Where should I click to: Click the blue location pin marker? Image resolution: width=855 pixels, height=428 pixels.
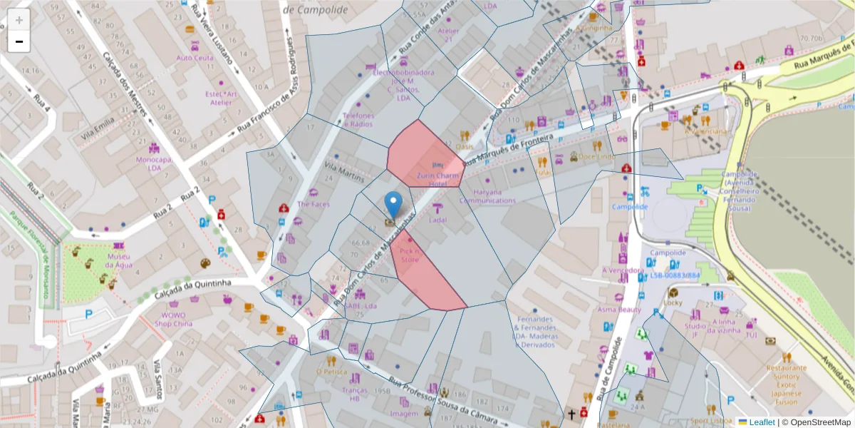[393, 205]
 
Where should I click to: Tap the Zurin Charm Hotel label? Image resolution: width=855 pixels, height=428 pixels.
[437, 179]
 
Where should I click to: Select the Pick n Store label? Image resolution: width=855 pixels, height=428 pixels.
[410, 256]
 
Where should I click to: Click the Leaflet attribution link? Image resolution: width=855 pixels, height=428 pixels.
[762, 422]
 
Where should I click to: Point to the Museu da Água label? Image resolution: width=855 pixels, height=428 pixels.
[119, 260]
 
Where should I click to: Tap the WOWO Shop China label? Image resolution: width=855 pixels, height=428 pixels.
[172, 319]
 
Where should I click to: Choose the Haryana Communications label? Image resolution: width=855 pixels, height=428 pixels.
[487, 196]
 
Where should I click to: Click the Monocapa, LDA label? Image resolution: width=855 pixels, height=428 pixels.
[155, 164]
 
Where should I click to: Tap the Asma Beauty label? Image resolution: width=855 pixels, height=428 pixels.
[619, 310]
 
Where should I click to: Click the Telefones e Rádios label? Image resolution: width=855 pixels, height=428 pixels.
[358, 119]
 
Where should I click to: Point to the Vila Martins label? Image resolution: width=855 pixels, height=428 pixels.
[344, 172]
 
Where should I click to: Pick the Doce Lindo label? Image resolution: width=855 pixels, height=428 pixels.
[596, 156]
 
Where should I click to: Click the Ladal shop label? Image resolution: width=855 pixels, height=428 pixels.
[437, 220]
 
